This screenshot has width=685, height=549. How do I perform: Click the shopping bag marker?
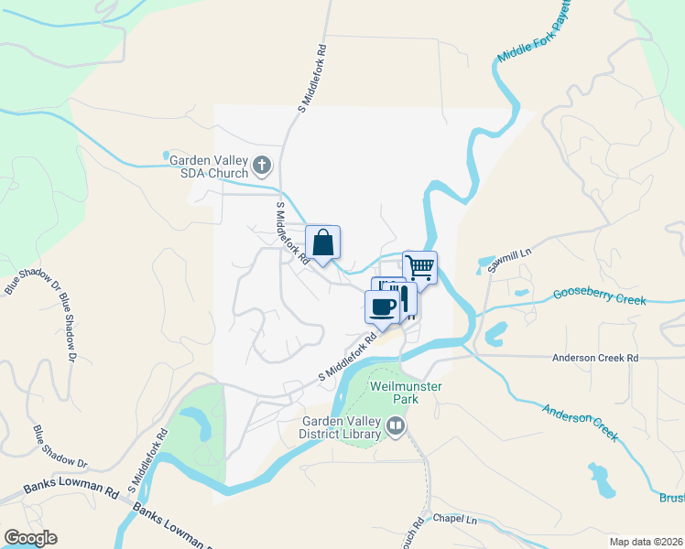point(322,243)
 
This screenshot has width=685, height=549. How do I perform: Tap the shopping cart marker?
point(419,268)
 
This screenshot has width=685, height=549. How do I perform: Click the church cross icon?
point(262,166)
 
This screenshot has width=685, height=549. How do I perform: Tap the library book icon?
point(395,425)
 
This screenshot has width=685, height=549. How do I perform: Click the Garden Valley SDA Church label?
point(209,166)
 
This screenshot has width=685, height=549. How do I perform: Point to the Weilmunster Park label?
point(406,393)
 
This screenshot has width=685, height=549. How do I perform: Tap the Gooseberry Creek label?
point(600,296)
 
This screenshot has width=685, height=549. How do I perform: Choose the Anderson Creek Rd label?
point(594,359)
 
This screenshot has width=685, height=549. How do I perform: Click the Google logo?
point(30,537)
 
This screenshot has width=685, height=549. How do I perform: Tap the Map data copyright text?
point(647,542)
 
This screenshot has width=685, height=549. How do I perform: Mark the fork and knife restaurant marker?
point(404,299)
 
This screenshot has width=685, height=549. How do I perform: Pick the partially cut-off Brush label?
point(671,498)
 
